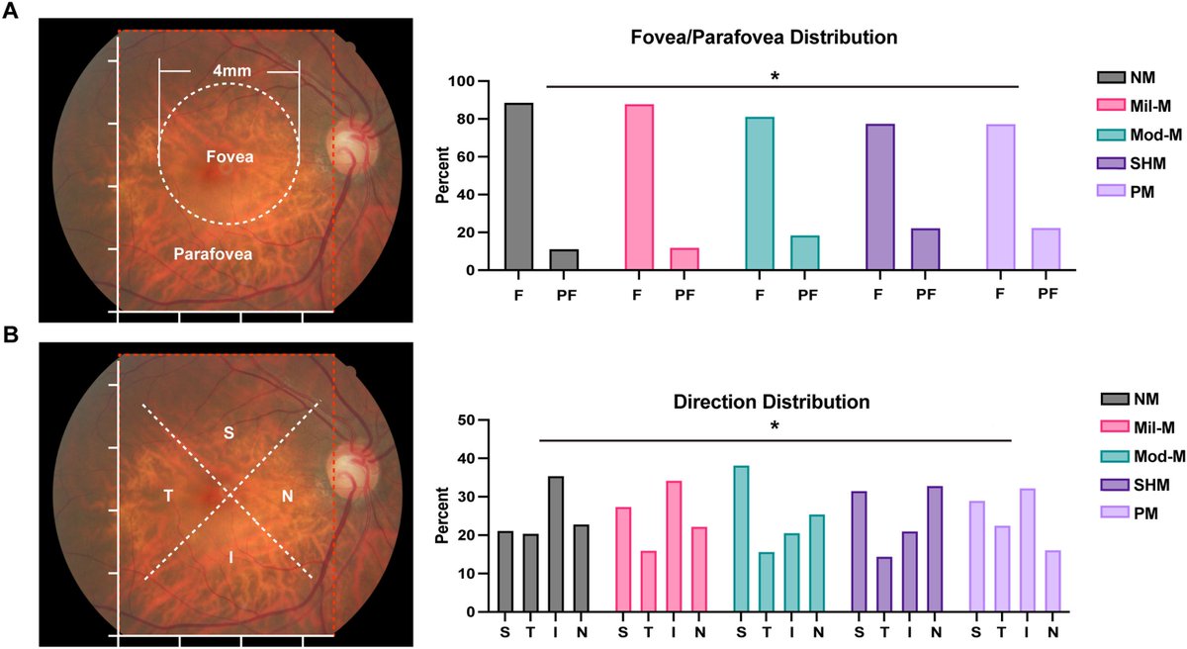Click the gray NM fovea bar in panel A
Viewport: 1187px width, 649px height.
519,187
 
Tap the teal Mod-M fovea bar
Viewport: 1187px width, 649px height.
760,194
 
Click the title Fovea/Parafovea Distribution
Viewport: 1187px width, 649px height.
765,39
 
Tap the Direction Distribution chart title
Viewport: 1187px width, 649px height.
772,403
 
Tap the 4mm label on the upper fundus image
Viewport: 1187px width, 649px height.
229,71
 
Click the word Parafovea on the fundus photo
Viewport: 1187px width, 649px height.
212,254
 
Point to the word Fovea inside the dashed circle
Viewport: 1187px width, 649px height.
228,156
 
